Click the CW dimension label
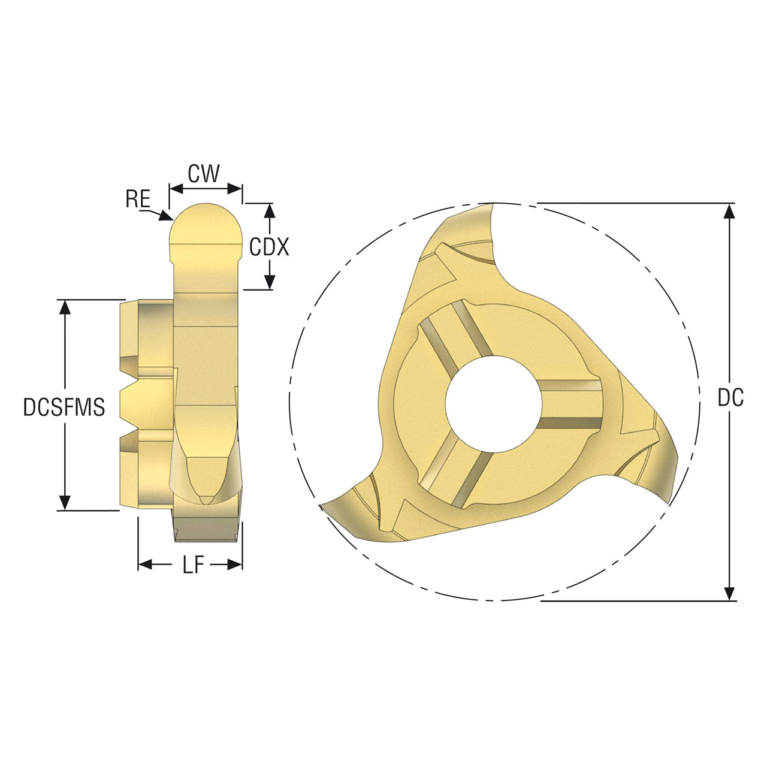pos(203,174)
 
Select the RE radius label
pos(138,198)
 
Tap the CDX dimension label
pos(268,247)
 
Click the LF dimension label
pos(194,564)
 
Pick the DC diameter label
pos(730,398)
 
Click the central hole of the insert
pos(494,404)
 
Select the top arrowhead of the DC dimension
pos(729,212)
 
